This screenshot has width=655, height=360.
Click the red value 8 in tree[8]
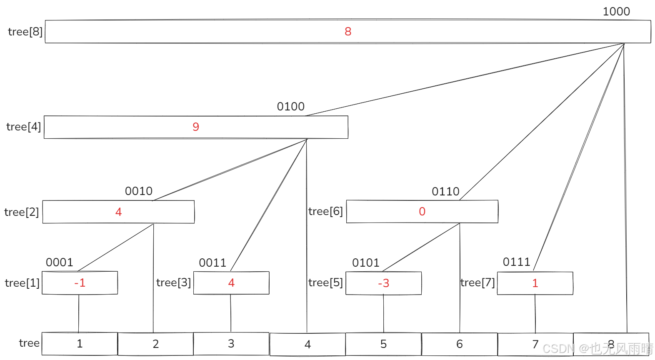tap(348, 31)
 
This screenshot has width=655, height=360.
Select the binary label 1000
tap(616, 12)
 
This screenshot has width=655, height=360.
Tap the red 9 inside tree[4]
tap(196, 127)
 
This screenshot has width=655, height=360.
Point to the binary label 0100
tap(291, 107)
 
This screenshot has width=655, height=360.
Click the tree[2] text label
tap(22, 212)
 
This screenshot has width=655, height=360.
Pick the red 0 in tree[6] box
tap(422, 212)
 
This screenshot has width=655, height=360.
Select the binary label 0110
tap(445, 192)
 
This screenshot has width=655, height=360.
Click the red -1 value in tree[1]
tap(80, 283)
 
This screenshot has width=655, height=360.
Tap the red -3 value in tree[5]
tap(383, 283)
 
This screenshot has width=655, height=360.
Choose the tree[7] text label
tap(477, 283)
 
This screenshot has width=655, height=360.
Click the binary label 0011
tap(212, 263)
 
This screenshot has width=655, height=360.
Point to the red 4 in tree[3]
tap(231, 283)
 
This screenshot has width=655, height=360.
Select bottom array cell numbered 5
tap(383, 344)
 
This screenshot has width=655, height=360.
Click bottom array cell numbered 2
tap(155, 344)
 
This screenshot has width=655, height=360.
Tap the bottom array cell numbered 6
tap(460, 344)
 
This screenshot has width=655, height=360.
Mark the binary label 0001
tap(60, 262)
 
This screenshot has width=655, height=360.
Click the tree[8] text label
tap(25, 32)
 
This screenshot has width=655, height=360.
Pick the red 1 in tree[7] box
tap(535, 283)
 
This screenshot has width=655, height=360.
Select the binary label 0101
tap(366, 263)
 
